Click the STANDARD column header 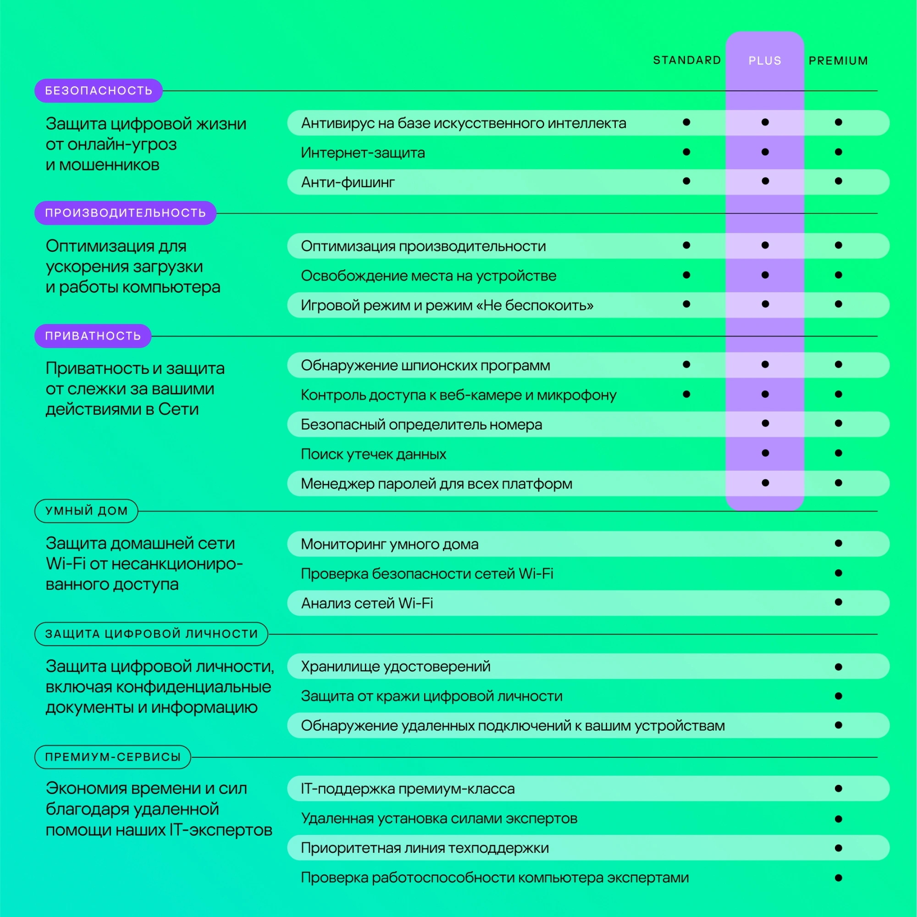pyautogui.click(x=687, y=60)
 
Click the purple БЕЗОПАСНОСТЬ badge pyautogui.click(x=99, y=91)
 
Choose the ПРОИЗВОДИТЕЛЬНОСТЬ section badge pyautogui.click(x=125, y=213)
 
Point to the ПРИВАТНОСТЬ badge pyautogui.click(x=93, y=336)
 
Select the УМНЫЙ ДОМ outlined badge pyautogui.click(x=86, y=511)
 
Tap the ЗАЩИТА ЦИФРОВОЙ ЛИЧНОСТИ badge pyautogui.click(x=151, y=634)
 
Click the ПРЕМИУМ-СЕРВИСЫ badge pyautogui.click(x=113, y=757)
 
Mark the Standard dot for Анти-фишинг pyautogui.click(x=686, y=181)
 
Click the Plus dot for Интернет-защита pyautogui.click(x=765, y=152)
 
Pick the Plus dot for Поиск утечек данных pyautogui.click(x=765, y=453)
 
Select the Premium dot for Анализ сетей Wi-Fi pyautogui.click(x=839, y=602)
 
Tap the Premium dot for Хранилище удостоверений pyautogui.click(x=839, y=667)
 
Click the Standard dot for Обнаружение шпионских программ pyautogui.click(x=686, y=364)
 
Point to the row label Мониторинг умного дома pyautogui.click(x=390, y=544)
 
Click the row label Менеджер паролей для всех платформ pyautogui.click(x=436, y=484)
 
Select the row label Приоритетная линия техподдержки pyautogui.click(x=425, y=848)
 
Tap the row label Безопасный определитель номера pyautogui.click(x=421, y=424)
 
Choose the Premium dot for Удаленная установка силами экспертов pyautogui.click(x=839, y=819)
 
